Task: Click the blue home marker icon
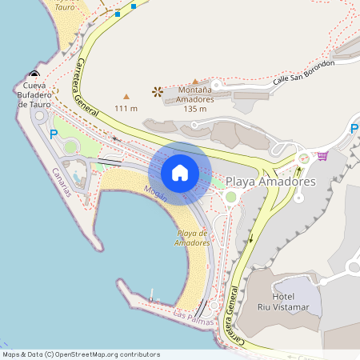pyautogui.click(x=179, y=173)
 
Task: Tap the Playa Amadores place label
pyautogui.click(x=271, y=182)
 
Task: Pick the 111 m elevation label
pyautogui.click(x=126, y=108)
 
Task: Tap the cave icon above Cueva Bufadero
pyautogui.click(x=34, y=74)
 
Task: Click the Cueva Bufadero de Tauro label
pyautogui.click(x=34, y=94)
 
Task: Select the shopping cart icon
pyautogui.click(x=322, y=156)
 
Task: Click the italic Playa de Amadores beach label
pyautogui.click(x=192, y=238)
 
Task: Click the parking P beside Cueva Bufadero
pyautogui.click(x=54, y=134)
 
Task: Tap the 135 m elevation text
pyautogui.click(x=195, y=109)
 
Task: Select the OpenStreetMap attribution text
pyautogui.click(x=81, y=354)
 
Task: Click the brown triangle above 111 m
pyautogui.click(x=126, y=96)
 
